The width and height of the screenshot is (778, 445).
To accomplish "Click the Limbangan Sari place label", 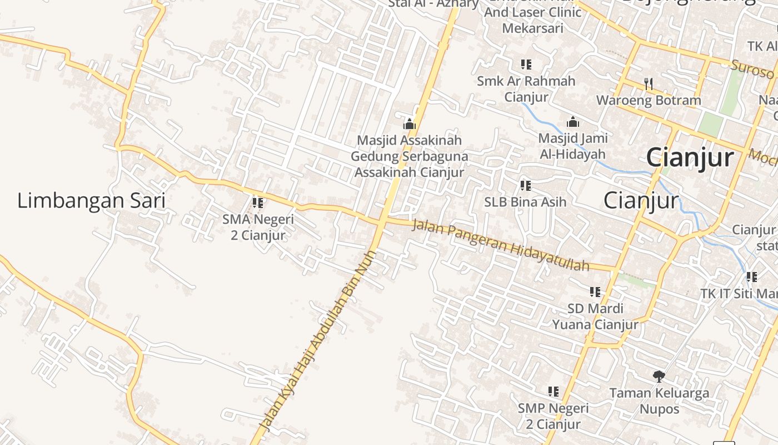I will [91, 201].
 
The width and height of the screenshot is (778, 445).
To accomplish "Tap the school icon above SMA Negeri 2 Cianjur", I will [258, 203].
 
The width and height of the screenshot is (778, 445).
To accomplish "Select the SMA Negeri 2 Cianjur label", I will [258, 227].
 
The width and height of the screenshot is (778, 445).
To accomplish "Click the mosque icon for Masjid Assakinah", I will [410, 123].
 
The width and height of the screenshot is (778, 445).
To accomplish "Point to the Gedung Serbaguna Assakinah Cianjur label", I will [409, 164].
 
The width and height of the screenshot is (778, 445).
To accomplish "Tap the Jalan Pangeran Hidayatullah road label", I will [500, 245].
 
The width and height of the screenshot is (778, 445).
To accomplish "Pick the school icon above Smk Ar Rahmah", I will [526, 65].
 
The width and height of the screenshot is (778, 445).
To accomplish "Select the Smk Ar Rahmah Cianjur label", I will [526, 89].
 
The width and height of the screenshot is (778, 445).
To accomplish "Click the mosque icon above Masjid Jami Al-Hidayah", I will [573, 122].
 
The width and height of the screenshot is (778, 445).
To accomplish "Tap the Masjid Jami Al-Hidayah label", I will [573, 146].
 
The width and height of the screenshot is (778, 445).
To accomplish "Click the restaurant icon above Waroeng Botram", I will [649, 84].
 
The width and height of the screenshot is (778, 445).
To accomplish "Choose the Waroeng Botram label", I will [649, 101].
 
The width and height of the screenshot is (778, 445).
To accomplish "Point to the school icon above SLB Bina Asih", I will [525, 185].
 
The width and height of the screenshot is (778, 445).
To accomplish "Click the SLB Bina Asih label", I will [525, 202].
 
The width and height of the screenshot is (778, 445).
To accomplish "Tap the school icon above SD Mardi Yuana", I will [595, 291].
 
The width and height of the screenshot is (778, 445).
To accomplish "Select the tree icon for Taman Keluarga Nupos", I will [659, 377].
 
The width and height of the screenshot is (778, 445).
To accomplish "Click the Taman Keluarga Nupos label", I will [659, 401].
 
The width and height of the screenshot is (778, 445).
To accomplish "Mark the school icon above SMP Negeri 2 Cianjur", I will [553, 392].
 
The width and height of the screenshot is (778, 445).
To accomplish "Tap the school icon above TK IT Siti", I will [751, 276].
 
